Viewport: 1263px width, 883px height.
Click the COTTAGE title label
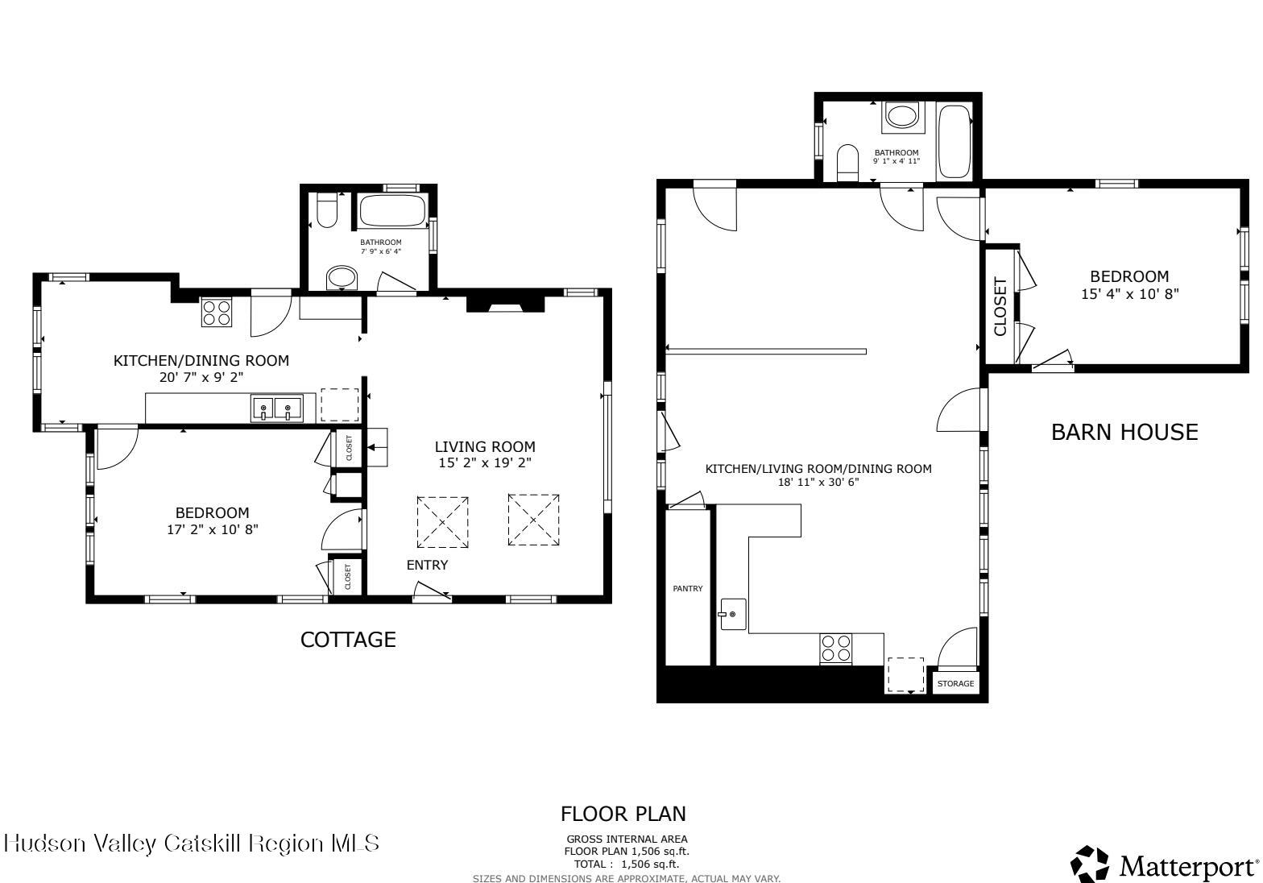(348, 640)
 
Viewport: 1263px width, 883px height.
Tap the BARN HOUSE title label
(1124, 433)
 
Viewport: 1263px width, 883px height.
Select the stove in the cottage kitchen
(216, 312)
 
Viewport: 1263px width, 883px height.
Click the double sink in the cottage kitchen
(275, 408)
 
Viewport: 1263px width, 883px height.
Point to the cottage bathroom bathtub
(391, 211)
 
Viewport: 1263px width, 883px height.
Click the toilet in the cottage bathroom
(327, 211)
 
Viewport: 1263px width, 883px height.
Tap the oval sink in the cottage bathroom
(342, 278)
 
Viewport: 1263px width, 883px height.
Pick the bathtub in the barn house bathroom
(954, 141)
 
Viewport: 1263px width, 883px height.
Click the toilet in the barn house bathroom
(848, 163)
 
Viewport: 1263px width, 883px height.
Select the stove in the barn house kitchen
(836, 649)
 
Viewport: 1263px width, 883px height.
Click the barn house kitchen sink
(733, 615)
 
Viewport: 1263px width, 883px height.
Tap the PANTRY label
(687, 589)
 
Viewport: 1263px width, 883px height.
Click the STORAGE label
(955, 684)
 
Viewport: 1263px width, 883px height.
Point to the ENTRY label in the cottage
(427, 566)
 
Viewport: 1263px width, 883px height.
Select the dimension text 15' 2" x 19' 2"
(484, 462)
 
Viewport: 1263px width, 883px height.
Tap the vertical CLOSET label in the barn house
(1000, 306)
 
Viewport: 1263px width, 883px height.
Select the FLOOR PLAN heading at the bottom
(623, 814)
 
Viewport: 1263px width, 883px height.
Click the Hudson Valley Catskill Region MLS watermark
(192, 844)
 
